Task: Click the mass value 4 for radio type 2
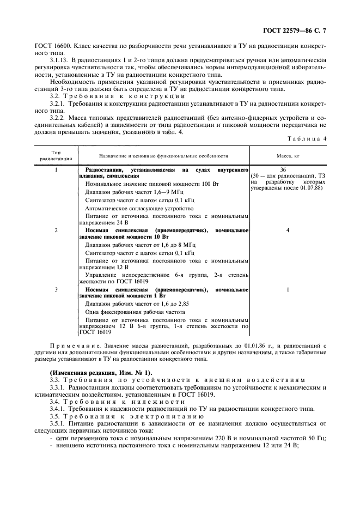(288, 230)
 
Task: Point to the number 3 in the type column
(57, 289)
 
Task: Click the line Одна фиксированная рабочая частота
(135, 312)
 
